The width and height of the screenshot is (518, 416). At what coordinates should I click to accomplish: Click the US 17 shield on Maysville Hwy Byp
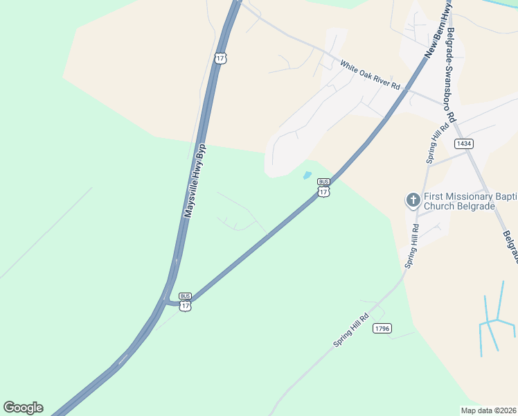point(220,58)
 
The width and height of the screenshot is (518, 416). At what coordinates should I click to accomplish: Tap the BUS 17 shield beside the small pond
point(323,188)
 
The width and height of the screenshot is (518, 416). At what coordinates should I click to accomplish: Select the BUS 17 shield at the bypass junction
point(185,302)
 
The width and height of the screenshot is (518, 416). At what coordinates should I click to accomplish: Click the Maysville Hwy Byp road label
point(195,181)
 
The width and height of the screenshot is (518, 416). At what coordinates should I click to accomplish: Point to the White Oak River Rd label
point(370,75)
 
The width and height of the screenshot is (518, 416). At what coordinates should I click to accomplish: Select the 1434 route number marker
point(464,144)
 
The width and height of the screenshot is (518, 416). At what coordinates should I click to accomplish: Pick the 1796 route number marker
point(382,328)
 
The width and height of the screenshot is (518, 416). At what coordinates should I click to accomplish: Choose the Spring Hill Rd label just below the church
point(412,246)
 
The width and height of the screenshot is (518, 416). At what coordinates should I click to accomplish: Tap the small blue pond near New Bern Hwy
point(306,175)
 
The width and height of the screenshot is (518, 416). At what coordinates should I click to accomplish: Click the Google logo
point(23,408)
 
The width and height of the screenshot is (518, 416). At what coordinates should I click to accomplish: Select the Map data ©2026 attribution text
point(488,410)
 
